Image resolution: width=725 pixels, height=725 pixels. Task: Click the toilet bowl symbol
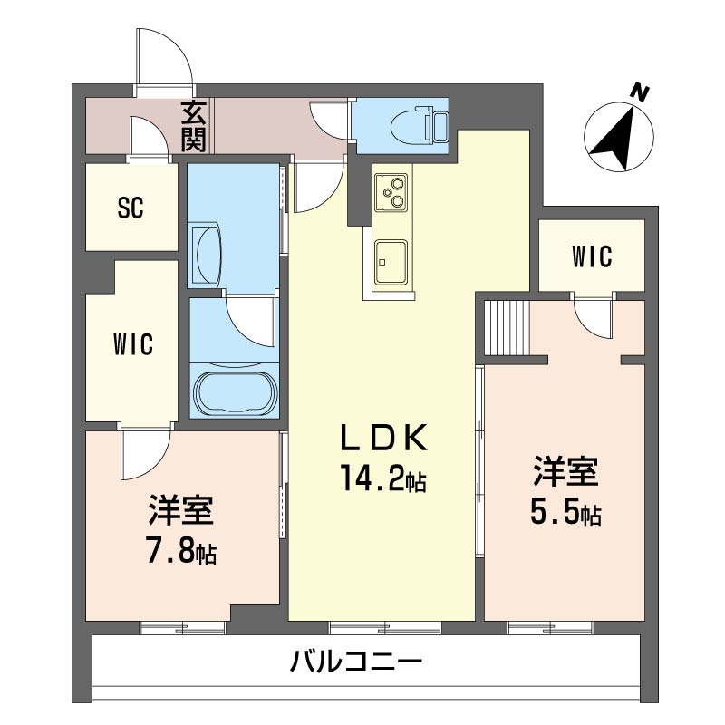(x=419, y=124)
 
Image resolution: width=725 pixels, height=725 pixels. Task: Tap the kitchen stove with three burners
(x=391, y=192)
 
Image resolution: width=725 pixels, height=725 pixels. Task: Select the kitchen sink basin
(x=391, y=262)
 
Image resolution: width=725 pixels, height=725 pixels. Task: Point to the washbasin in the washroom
(x=206, y=253)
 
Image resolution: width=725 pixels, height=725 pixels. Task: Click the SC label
(x=130, y=208)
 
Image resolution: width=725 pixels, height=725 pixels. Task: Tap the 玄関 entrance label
(x=193, y=126)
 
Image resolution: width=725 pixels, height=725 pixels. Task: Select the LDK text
(x=383, y=438)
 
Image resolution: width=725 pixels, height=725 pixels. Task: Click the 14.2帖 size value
(x=383, y=479)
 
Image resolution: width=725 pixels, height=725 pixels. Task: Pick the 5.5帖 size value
(x=565, y=512)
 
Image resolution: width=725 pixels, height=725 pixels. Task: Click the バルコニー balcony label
(x=356, y=662)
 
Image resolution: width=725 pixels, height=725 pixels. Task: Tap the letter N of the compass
(x=640, y=93)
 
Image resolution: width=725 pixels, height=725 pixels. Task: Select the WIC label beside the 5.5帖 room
(x=592, y=256)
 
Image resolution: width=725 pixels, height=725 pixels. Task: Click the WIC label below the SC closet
(x=133, y=344)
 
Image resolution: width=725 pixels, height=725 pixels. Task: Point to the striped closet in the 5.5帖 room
(x=507, y=327)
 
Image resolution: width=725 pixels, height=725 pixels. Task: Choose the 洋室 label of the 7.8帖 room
(x=180, y=510)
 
